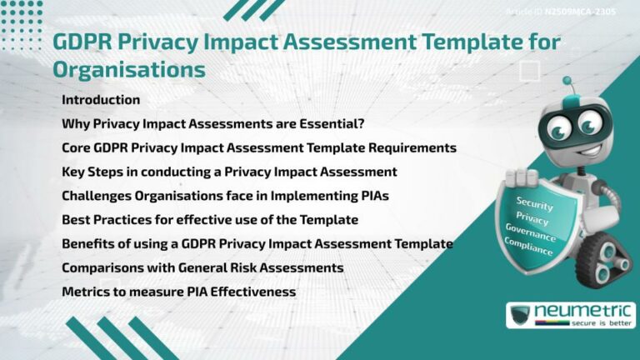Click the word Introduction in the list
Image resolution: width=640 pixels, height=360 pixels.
pos(101,100)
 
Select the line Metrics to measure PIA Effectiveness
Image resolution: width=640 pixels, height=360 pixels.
pos(178,292)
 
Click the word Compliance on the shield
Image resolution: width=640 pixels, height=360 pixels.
pos(528,246)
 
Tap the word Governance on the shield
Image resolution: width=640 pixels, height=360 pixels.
pos(530,232)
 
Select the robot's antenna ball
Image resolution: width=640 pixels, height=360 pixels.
pos(567,82)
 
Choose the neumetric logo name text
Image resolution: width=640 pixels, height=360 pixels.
pos(583,312)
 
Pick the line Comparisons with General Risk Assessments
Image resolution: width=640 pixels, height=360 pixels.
pos(202,267)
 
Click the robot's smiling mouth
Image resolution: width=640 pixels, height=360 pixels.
pos(575,148)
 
